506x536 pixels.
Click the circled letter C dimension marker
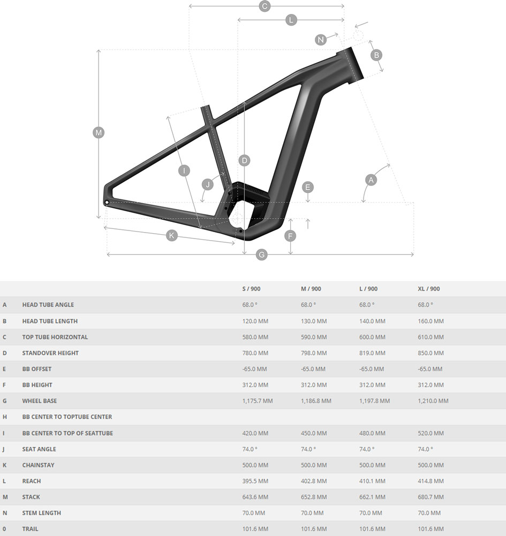point(265,6)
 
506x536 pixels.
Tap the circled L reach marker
point(291,20)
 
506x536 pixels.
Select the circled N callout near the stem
point(321,40)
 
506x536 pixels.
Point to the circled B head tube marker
point(376,55)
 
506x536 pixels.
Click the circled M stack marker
point(99,132)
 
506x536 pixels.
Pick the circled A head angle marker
point(371,180)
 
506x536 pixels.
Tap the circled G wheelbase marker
point(261,254)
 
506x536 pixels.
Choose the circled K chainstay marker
point(171,235)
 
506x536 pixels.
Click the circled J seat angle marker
point(208,184)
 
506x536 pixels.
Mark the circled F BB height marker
point(290,236)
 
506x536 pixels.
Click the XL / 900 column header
point(428,289)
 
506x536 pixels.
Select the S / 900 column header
point(251,289)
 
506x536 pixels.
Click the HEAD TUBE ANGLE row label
point(48,304)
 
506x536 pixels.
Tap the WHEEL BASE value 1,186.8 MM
point(316,401)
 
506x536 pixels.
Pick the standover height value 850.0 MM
point(431,353)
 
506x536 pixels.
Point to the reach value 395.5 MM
point(255,481)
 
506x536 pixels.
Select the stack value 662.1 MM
point(372,497)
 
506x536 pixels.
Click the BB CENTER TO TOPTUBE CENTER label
point(67,417)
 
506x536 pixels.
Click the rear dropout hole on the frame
point(107,203)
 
